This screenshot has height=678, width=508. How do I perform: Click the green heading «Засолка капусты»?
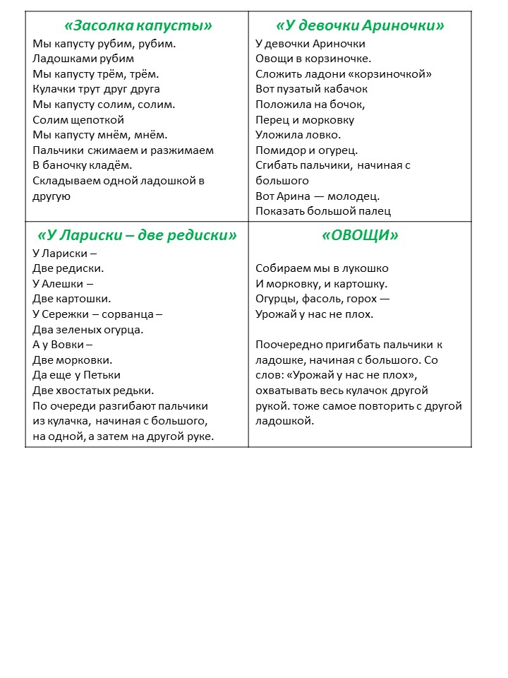[x=138, y=26]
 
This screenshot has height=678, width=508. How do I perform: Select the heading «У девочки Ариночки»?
[x=360, y=26]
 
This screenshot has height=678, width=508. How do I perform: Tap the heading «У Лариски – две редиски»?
[x=137, y=235]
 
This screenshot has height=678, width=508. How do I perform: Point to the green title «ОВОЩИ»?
[x=360, y=235]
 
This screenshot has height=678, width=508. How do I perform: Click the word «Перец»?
[x=272, y=119]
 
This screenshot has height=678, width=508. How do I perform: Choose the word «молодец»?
[x=355, y=196]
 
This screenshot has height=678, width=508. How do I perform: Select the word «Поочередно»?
[x=291, y=345]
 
